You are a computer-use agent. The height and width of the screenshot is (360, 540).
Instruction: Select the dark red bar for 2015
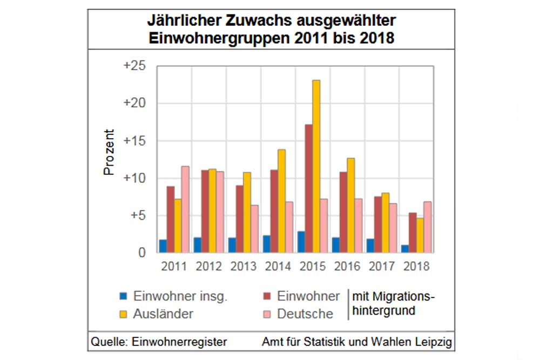(x=308, y=188)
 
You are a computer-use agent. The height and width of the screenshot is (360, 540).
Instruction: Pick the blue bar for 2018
(x=404, y=249)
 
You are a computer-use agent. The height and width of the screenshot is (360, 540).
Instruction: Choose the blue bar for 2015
(x=301, y=242)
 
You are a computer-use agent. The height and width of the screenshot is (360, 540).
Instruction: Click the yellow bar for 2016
(x=350, y=205)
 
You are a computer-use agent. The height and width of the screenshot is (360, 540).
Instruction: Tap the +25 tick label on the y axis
(x=134, y=66)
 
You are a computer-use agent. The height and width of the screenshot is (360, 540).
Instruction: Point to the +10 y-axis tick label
(x=134, y=178)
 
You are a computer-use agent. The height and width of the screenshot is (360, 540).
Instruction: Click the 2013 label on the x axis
(x=244, y=266)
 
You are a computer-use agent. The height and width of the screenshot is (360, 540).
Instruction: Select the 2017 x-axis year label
(x=382, y=266)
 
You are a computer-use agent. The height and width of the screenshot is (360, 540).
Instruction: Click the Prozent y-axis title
(x=109, y=152)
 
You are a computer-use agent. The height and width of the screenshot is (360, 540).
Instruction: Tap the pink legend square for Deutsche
(x=267, y=313)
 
